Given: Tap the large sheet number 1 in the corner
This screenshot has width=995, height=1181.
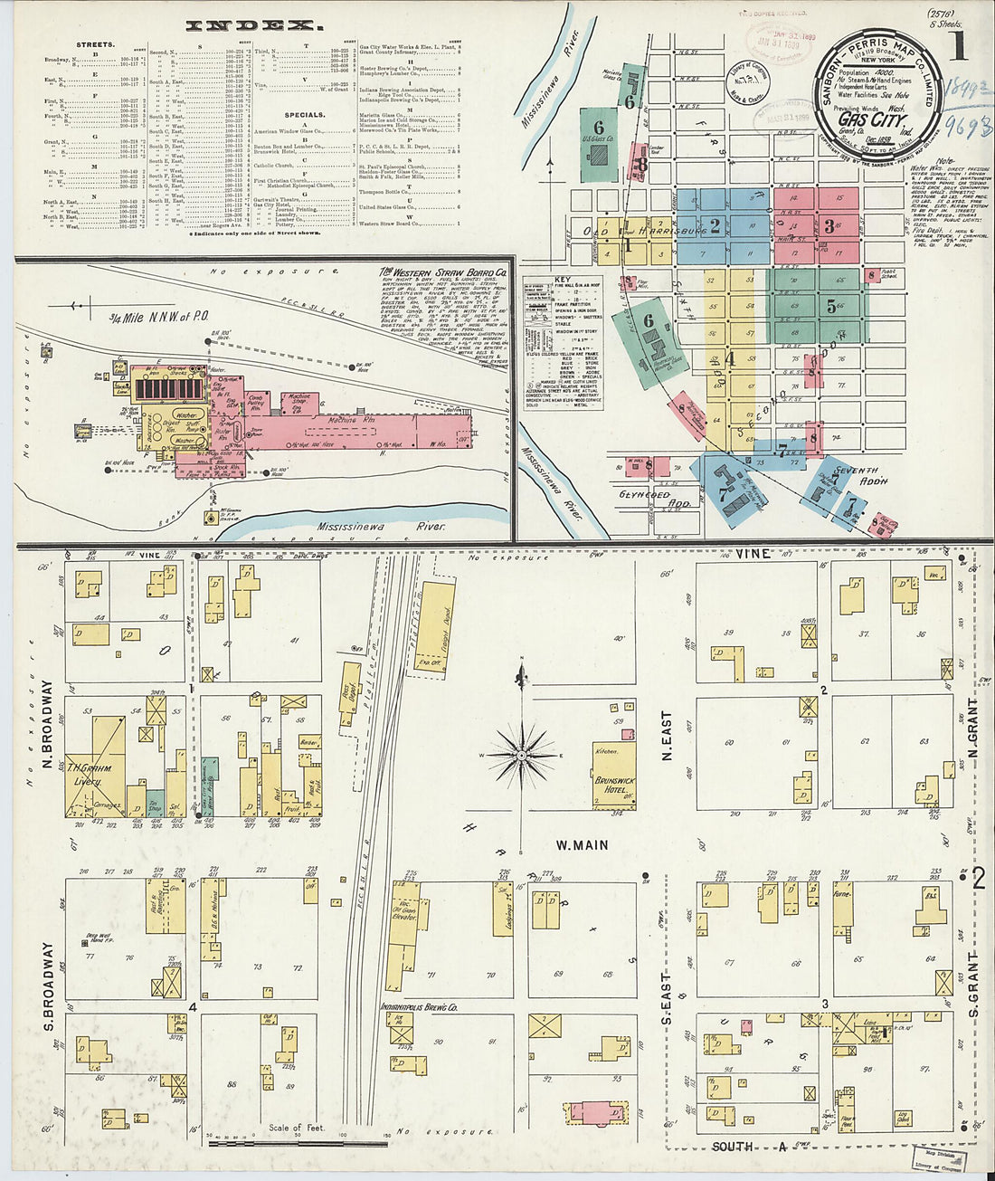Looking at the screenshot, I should coord(956,43).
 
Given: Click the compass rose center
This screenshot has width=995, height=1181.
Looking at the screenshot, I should coord(522,754).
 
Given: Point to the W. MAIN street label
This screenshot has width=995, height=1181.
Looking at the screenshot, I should coord(582,845).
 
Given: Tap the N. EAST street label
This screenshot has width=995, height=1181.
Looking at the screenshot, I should coord(667,735).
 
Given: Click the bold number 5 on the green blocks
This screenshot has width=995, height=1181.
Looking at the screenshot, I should coord(830,306).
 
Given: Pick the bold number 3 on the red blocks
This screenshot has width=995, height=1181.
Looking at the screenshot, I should coord(829,226).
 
